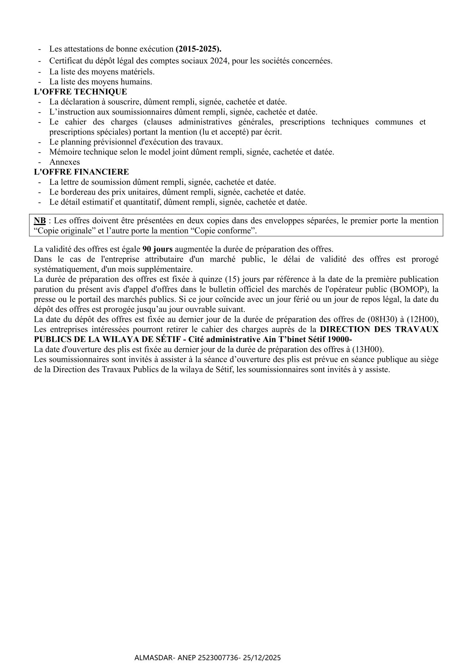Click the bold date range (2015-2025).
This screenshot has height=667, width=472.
[199, 49]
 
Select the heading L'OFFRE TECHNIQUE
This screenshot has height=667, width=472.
[81, 92]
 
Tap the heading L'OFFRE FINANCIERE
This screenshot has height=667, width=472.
[82, 172]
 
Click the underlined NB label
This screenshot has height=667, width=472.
[40, 221]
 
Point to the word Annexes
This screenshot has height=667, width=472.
[65, 162]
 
